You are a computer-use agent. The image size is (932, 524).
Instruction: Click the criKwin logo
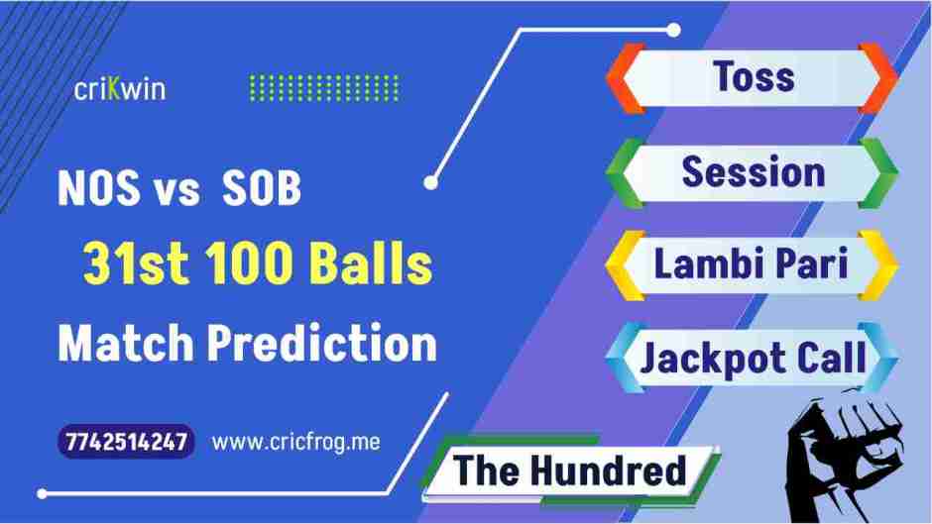(120, 89)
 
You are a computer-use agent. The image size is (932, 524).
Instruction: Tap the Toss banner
(754, 78)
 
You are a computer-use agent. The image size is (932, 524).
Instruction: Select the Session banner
(754, 172)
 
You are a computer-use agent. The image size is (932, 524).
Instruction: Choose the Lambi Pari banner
(754, 264)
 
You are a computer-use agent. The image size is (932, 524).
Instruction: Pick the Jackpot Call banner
(754, 357)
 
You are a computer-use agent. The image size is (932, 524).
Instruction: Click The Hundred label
(570, 470)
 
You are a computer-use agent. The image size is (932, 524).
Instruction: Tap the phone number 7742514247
(127, 442)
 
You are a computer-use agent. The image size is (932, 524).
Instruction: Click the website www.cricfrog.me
(296, 443)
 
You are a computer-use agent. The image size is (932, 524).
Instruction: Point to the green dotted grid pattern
(323, 88)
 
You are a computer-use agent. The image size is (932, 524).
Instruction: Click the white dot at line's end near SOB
(430, 182)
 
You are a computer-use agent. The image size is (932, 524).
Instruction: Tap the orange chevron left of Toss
(621, 78)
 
